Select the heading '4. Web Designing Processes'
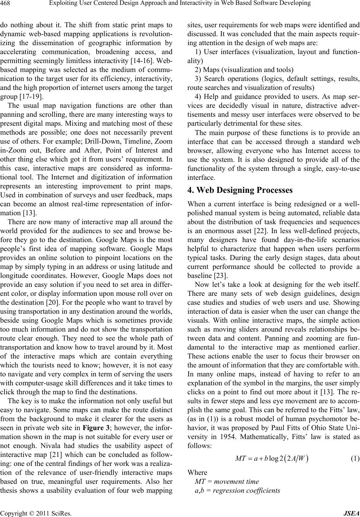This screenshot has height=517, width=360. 240,190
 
